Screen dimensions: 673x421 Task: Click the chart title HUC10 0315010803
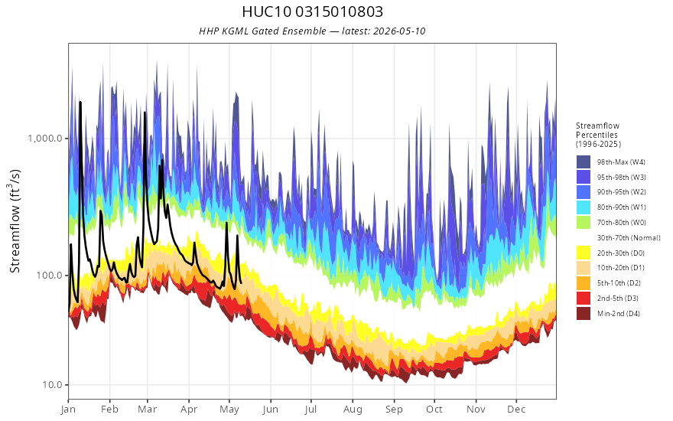[x=313, y=11]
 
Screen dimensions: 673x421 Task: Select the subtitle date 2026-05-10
[x=399, y=31]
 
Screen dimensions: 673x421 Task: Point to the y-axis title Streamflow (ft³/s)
[x=15, y=220]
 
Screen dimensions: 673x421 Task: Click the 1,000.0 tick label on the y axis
[x=44, y=139]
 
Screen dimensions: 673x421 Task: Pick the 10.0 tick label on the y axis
[x=52, y=384]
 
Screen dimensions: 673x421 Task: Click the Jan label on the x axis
[x=68, y=410]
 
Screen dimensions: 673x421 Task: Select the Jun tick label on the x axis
[x=271, y=410]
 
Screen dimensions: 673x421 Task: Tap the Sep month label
[x=394, y=410]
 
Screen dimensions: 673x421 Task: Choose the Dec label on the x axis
[x=516, y=410]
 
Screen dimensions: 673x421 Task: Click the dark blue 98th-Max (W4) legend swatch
[x=584, y=162]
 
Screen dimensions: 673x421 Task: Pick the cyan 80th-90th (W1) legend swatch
[x=584, y=207]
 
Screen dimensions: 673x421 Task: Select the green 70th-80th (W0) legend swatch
[x=584, y=222]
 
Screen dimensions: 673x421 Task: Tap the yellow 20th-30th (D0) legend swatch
[x=584, y=253]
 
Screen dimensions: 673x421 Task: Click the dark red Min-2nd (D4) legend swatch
[x=584, y=313]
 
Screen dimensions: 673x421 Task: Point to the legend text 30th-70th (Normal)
[x=629, y=237]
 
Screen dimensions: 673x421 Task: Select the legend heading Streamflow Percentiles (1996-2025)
[x=598, y=135]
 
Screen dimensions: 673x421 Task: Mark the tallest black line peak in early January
[x=80, y=103]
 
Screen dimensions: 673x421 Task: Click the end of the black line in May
[x=241, y=282]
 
